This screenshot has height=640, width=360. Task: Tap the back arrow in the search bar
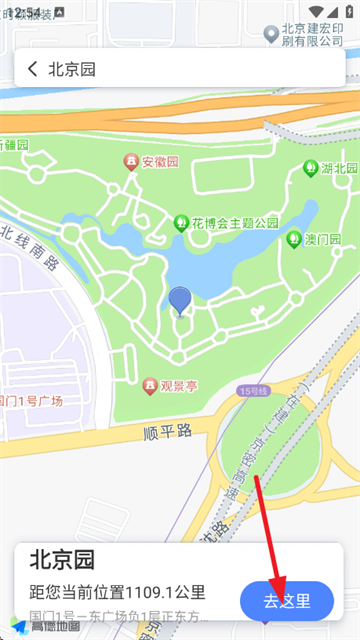point(33,69)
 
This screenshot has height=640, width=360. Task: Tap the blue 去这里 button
point(287,601)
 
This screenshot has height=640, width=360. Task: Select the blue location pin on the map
point(180,299)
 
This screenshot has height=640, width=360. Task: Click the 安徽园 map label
point(159,160)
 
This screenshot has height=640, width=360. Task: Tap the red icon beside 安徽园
point(130,161)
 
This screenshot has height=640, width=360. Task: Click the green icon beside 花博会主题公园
point(181,222)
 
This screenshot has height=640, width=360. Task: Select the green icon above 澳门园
point(294,239)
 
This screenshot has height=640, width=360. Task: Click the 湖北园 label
point(334,167)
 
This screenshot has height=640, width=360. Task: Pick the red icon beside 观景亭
point(151,384)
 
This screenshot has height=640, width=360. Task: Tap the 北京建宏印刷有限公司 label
point(312,34)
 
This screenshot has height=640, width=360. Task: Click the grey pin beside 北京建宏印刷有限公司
point(270,34)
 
